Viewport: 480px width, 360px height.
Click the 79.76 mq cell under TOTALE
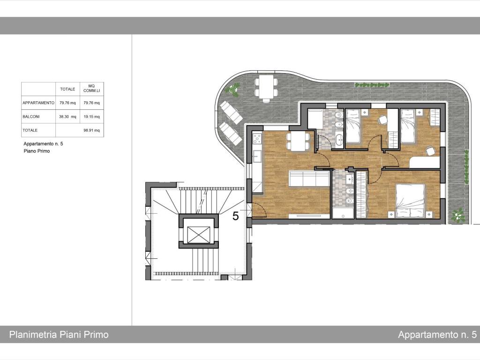tap(67, 103)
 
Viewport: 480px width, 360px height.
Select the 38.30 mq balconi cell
tap(67, 117)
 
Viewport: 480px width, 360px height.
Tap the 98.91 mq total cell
tap(91, 130)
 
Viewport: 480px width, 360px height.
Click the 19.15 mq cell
tap(91, 117)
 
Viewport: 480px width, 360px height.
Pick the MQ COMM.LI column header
tap(91, 89)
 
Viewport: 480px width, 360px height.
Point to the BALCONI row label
tap(31, 117)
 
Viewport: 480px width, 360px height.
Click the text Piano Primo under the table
tap(37, 151)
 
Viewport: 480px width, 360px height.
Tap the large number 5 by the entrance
tap(235, 216)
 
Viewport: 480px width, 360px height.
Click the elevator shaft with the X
tap(199, 235)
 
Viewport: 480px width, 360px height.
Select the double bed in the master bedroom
tap(410, 201)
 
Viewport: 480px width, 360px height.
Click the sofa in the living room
tap(309, 179)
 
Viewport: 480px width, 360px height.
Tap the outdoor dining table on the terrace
tap(266, 87)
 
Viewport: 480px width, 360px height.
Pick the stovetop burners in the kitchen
tap(256, 138)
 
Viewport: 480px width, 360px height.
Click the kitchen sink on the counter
tap(256, 156)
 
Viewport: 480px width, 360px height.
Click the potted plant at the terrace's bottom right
tap(458, 216)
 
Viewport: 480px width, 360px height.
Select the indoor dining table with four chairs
tap(298, 141)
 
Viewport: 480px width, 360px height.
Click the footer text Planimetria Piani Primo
tap(59, 334)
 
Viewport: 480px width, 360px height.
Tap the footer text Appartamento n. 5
tap(437, 335)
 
